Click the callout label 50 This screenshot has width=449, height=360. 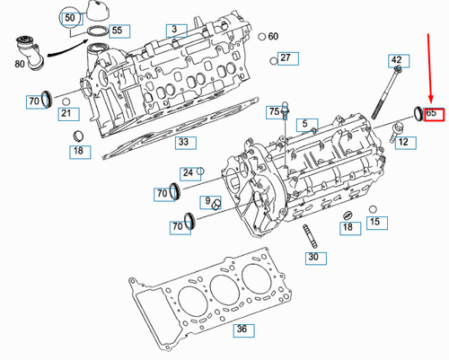click(x=69, y=17)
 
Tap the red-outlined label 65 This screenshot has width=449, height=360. click(x=432, y=114)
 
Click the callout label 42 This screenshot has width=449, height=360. click(x=396, y=60)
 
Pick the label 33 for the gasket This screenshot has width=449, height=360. click(x=183, y=142)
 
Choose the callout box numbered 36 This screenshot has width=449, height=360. click(x=241, y=329)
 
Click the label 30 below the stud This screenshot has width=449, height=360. click(x=313, y=257)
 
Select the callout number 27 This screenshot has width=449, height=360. click(x=286, y=58)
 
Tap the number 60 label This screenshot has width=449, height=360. click(x=272, y=37)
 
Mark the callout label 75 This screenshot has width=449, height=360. click(x=273, y=111)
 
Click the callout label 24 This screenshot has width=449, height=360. click(x=188, y=172)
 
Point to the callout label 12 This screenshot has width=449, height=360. click(x=403, y=142)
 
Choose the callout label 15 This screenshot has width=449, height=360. click(x=374, y=221)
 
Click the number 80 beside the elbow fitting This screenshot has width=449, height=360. click(x=21, y=64)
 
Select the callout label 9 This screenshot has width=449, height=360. click(x=207, y=200)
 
